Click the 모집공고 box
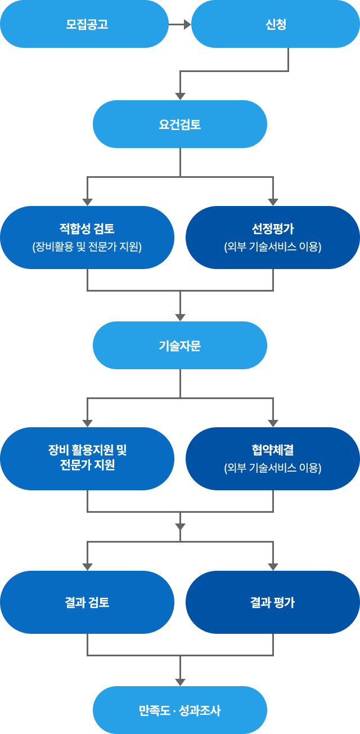coord(84,24)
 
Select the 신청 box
coord(275,24)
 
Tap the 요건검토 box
coord(179,124)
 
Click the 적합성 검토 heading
coord(87,229)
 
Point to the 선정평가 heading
coord(272,229)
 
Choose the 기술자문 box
coord(179,345)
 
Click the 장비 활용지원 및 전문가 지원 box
coord(87,458)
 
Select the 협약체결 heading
coord(272,450)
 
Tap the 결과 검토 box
coord(87,602)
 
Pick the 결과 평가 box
coord(272,602)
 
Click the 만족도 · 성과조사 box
coord(179,710)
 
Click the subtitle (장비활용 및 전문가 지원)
coord(87,247)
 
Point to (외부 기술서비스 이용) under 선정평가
coord(272,247)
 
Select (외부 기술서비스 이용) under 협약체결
coord(272,468)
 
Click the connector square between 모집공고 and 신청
coord(187,24)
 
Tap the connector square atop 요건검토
coord(180,96)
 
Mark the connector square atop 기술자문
coord(180,317)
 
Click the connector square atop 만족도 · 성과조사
coord(180,682)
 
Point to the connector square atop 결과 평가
coord(273,566)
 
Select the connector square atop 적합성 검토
coord(87,202)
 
